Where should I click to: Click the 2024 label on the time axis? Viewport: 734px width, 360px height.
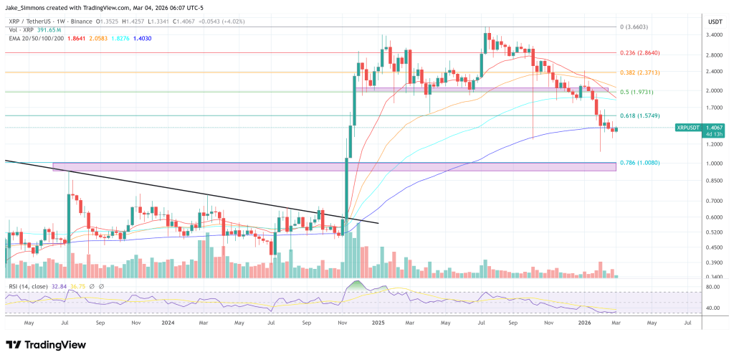170,324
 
